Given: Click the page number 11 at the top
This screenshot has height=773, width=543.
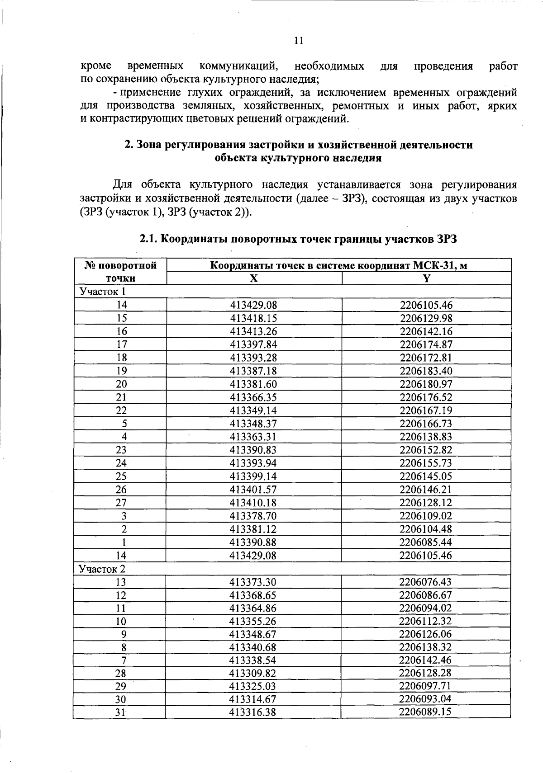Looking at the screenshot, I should [298, 41].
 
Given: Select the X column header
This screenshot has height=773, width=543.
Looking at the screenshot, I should [254, 278].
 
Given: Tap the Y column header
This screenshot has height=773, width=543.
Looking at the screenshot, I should [426, 278].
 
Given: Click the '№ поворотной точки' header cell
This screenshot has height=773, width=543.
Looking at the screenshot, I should [120, 272].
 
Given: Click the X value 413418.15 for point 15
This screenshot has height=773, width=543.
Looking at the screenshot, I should [253, 318].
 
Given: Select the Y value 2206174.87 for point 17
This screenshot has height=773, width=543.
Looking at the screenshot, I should [426, 344].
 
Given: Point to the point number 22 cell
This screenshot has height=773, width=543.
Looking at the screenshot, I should [121, 410].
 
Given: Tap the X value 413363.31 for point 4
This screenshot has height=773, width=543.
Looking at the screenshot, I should [253, 437].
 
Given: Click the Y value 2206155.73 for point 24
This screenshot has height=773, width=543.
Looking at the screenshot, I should [426, 463].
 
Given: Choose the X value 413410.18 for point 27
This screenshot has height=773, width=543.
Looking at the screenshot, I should [253, 503].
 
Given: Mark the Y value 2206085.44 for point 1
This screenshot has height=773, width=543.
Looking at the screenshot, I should [426, 542].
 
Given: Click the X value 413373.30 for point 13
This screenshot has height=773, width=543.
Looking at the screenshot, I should [253, 582].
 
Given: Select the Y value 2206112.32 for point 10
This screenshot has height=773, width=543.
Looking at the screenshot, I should [426, 621].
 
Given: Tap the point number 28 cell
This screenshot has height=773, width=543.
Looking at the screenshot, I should [121, 673].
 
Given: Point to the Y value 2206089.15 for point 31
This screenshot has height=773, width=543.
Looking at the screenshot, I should [426, 712].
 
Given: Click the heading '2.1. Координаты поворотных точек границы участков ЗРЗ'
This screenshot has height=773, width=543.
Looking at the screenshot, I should [298, 239].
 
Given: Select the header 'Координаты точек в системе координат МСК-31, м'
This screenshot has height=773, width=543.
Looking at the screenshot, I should [338, 265].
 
